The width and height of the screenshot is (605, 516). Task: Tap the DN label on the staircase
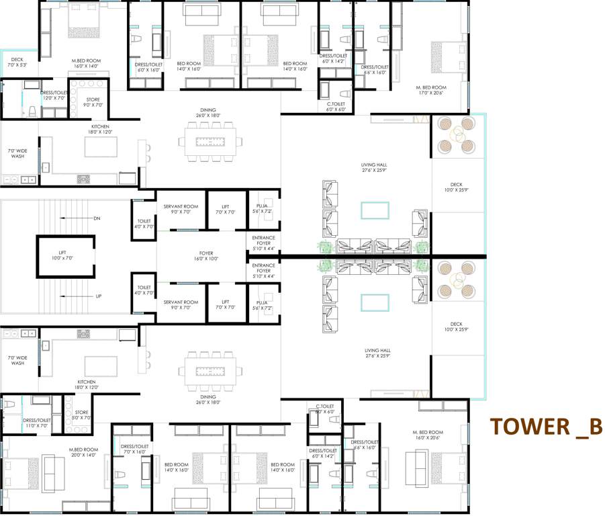tap(97, 218)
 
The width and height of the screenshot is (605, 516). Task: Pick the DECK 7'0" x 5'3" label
tap(17, 62)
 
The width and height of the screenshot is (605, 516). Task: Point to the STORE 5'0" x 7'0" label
tap(82, 415)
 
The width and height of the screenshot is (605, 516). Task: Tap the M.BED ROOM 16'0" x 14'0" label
tap(85, 63)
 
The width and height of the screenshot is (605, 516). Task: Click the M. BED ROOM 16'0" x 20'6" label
tap(428, 435)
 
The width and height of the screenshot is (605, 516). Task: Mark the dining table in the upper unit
tap(208, 142)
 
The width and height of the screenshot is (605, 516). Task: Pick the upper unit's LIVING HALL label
tap(375, 167)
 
